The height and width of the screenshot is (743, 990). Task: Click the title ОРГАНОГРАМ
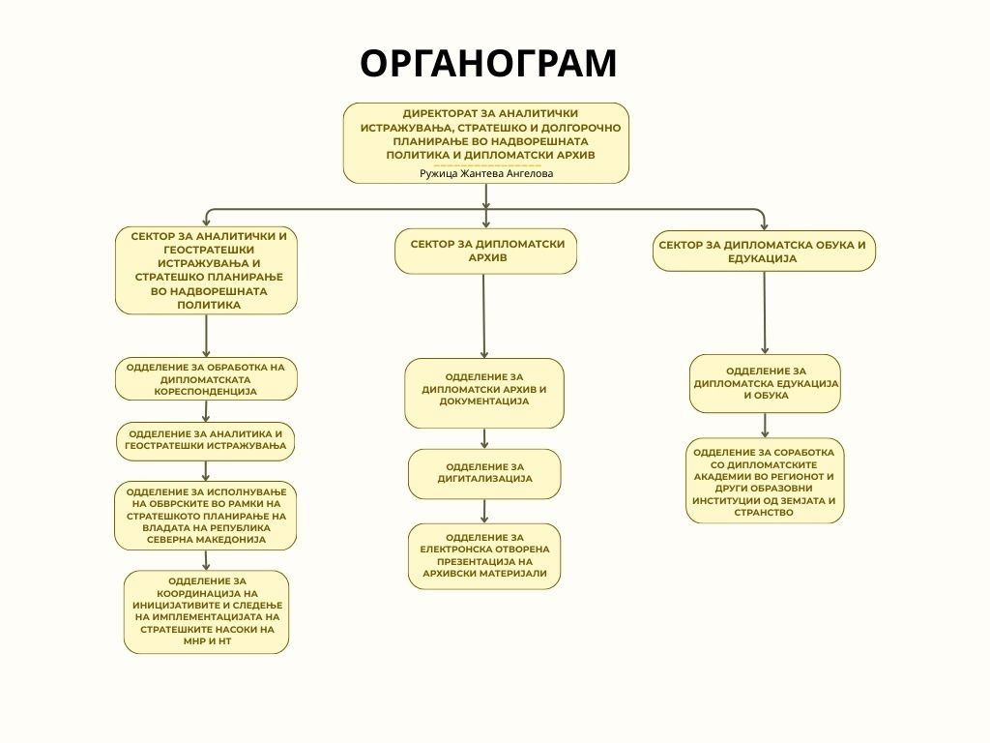point(488,63)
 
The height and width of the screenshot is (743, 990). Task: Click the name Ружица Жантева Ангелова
point(486,173)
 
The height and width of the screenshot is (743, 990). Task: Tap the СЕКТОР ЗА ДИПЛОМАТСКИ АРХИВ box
point(486,252)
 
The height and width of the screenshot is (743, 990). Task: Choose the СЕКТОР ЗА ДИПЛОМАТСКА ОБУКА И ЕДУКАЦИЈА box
point(764,252)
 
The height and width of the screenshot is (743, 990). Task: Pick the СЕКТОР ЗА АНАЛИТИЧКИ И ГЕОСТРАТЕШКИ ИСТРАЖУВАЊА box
point(206,270)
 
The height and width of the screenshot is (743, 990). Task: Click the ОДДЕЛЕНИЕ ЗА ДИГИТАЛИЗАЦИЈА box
point(484,473)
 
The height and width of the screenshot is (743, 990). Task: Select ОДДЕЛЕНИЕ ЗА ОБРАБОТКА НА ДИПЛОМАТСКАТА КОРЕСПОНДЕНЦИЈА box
point(206,379)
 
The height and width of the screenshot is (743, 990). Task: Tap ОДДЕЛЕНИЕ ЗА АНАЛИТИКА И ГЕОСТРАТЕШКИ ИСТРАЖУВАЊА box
point(206,441)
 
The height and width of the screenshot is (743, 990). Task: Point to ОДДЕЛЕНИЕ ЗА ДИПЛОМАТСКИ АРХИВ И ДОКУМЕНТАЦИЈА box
point(484,393)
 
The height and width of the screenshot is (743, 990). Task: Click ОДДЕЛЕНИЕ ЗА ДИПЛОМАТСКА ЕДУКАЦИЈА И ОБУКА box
point(765,383)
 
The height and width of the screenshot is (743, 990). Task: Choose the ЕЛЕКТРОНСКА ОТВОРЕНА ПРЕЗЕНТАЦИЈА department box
point(484,555)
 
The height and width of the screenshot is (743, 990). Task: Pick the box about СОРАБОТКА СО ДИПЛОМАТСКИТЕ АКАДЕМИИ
point(765,481)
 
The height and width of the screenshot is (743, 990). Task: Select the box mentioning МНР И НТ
point(206,611)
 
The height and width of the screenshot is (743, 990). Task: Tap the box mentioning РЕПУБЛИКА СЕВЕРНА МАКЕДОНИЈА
point(206,516)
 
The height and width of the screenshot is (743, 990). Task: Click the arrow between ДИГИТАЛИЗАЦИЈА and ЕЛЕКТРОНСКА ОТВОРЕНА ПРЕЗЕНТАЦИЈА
point(484,511)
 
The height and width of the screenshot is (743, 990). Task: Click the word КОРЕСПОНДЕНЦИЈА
point(206,393)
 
